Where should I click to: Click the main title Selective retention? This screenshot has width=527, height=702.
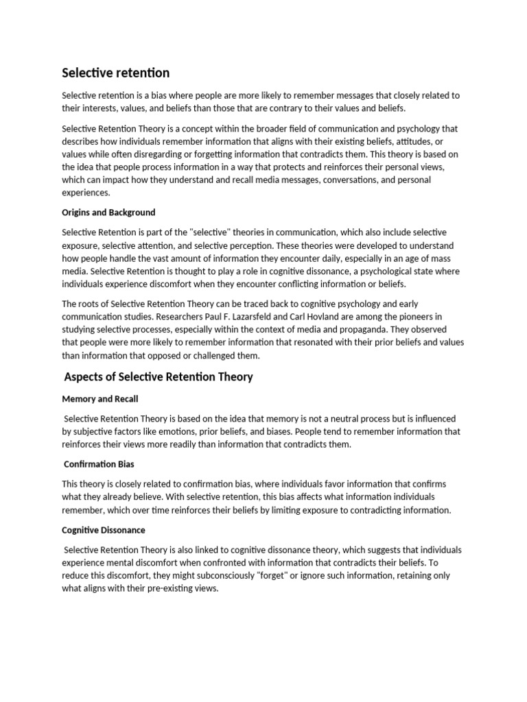116,73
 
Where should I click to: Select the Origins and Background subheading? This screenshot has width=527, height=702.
108,212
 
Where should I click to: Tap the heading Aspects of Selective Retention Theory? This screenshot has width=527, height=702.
159,376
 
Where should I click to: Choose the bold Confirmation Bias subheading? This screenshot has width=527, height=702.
99,464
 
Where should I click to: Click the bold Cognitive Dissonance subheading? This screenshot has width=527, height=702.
104,530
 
